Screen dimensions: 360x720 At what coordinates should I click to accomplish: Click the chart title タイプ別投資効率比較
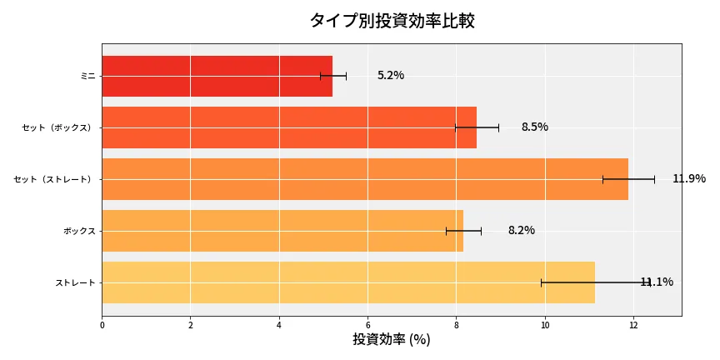point(392,21)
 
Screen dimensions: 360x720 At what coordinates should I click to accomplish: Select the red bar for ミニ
point(217,76)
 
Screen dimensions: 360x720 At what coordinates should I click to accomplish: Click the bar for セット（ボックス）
point(288,127)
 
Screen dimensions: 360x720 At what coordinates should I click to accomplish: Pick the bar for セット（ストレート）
point(364,179)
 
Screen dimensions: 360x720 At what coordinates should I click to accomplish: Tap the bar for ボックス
point(282,231)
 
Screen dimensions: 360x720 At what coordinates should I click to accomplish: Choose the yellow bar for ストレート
point(347,282)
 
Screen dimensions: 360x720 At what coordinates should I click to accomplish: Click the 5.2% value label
point(390,76)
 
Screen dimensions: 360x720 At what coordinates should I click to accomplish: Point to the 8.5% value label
point(534,127)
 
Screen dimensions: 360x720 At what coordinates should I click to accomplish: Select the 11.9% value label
point(688,179)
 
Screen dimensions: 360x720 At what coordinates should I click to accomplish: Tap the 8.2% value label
point(521,231)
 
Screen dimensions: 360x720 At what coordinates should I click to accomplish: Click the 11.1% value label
point(657,282)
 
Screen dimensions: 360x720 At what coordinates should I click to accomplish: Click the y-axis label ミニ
point(87,76)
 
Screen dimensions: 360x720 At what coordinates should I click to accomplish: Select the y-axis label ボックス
point(79,231)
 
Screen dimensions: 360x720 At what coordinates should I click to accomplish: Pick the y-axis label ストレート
point(75,282)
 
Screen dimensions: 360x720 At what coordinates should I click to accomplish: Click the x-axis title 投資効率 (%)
point(391,340)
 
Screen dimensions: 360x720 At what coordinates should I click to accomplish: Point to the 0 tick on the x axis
point(102,325)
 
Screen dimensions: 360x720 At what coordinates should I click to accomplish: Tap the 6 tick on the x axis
point(367,325)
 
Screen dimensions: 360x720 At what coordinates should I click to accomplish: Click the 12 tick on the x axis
point(633,325)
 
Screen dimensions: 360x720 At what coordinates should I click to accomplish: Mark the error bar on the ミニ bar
point(333,76)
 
